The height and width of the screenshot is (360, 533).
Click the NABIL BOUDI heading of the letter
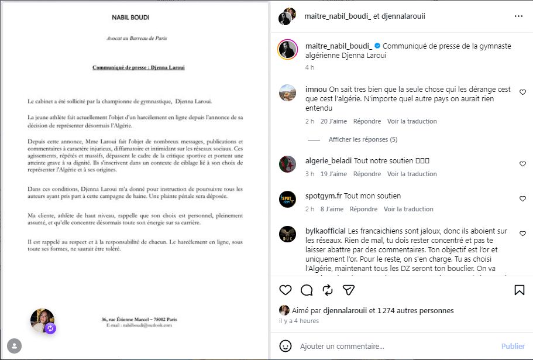pyautogui.click(x=130, y=18)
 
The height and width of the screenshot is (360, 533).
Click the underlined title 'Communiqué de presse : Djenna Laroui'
pyautogui.click(x=139, y=68)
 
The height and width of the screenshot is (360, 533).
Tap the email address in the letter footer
pyautogui.click(x=139, y=325)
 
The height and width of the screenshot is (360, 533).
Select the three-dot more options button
pyautogui.click(x=518, y=16)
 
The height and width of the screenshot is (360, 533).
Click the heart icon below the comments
pyautogui.click(x=286, y=290)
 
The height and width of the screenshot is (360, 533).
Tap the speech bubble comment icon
pyautogui.click(x=307, y=290)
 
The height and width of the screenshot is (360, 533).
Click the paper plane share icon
pyautogui.click(x=349, y=290)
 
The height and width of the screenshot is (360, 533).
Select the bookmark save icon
pyautogui.click(x=519, y=290)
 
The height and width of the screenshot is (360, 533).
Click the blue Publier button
pyautogui.click(x=513, y=346)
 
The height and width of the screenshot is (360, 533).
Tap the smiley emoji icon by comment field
pyautogui.click(x=286, y=346)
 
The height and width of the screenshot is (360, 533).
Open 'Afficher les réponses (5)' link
pyautogui.click(x=363, y=139)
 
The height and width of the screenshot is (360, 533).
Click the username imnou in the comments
pyautogui.click(x=316, y=90)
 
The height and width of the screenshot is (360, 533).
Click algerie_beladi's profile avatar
pyautogui.click(x=287, y=164)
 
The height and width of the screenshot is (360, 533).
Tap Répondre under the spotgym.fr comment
pyautogui.click(x=363, y=209)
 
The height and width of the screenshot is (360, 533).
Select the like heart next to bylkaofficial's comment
pyautogui.click(x=522, y=233)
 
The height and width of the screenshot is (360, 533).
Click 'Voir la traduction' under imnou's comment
pyautogui.click(x=412, y=121)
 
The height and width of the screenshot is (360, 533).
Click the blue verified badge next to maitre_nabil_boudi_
pyautogui.click(x=377, y=46)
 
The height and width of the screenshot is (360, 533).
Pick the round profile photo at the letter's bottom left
pyautogui.click(x=42, y=320)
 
